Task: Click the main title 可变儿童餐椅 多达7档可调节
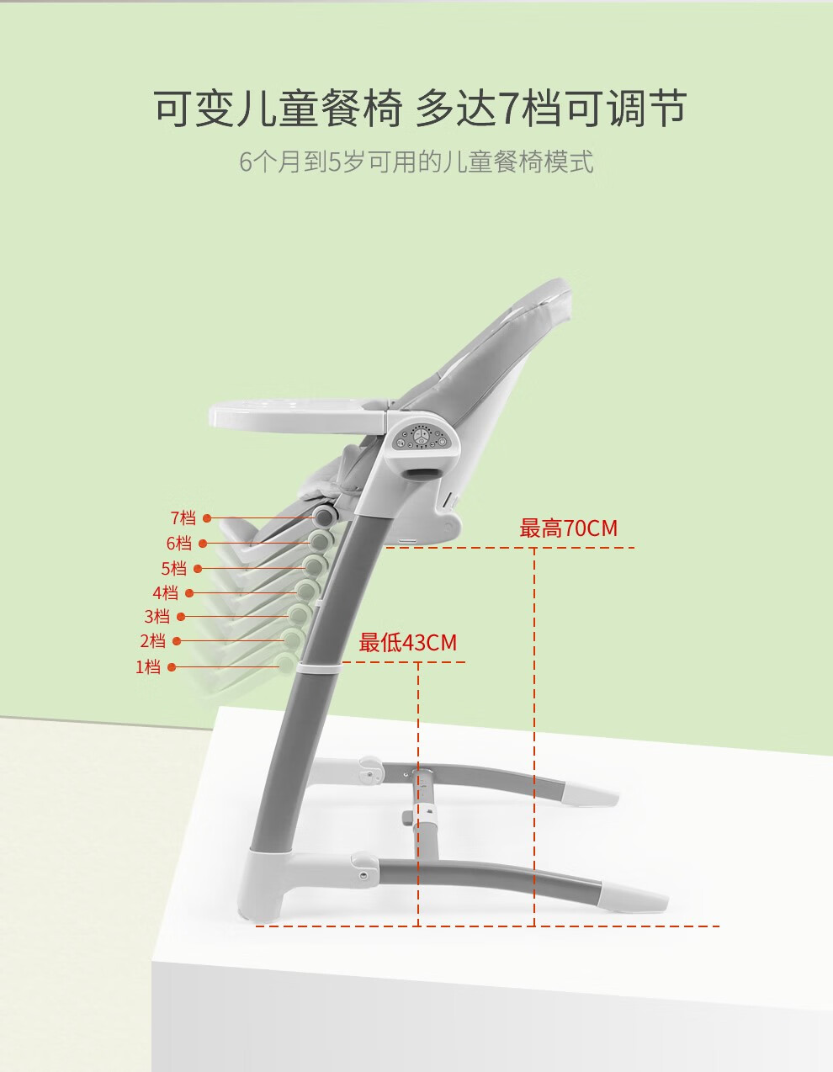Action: [420, 108]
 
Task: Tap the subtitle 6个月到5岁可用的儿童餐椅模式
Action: [416, 162]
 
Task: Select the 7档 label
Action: [183, 518]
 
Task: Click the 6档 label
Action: [178, 544]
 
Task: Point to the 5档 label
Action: [173, 568]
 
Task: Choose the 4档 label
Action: [165, 592]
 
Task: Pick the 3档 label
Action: [157, 616]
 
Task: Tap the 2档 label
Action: [152, 641]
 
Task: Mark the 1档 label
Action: [148, 667]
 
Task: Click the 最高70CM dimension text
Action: [568, 528]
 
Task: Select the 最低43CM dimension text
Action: [407, 642]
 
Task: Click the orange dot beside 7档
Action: [207, 518]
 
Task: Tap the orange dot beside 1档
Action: [172, 667]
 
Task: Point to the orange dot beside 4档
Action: [189, 593]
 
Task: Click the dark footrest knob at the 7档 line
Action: [325, 515]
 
